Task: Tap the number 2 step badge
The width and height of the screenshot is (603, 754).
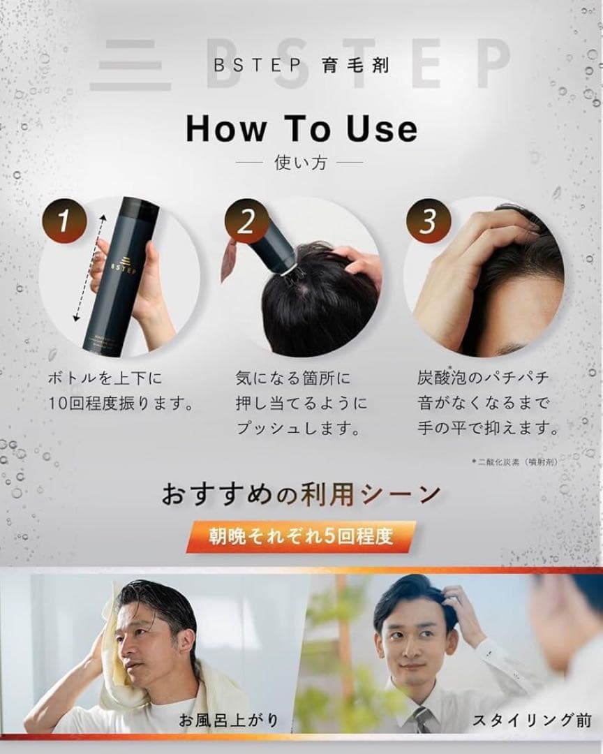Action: [x=246, y=221]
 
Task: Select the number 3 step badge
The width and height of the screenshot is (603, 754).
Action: [x=428, y=221]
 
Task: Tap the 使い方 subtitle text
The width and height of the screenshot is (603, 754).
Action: [x=301, y=163]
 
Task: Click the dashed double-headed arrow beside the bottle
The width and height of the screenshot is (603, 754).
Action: [x=89, y=268]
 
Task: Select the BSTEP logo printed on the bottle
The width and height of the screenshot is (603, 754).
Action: [x=124, y=265]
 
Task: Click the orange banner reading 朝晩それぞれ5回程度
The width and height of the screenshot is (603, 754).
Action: [x=301, y=536]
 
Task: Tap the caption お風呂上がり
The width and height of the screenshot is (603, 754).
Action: [x=229, y=720]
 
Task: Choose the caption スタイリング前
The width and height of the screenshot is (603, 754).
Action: [x=532, y=720]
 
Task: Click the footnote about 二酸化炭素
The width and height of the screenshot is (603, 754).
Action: [x=515, y=462]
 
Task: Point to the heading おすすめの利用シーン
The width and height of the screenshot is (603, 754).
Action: [x=301, y=494]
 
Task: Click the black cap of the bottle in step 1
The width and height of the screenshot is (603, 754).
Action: [x=140, y=207]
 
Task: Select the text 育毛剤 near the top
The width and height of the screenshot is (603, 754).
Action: [x=356, y=65]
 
